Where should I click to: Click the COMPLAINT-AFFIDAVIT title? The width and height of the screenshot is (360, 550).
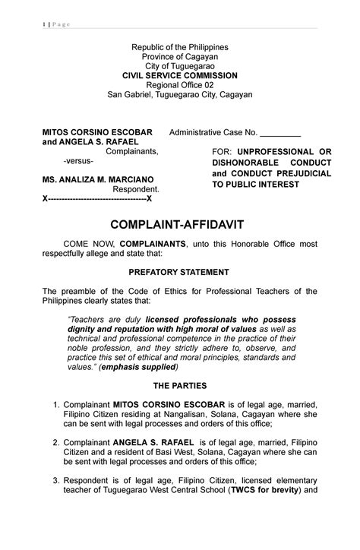click(x=179, y=225)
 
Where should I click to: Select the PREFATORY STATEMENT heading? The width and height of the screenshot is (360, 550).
click(x=179, y=271)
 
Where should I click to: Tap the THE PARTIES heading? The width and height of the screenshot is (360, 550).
click(x=179, y=386)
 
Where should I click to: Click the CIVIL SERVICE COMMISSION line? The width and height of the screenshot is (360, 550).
click(x=179, y=76)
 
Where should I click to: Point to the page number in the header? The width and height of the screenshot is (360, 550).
click(x=43, y=24)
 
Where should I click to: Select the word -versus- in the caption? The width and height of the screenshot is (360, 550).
click(x=78, y=162)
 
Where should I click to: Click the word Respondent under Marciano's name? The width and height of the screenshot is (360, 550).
click(x=136, y=189)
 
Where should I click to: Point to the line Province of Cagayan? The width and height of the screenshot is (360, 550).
click(x=179, y=57)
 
